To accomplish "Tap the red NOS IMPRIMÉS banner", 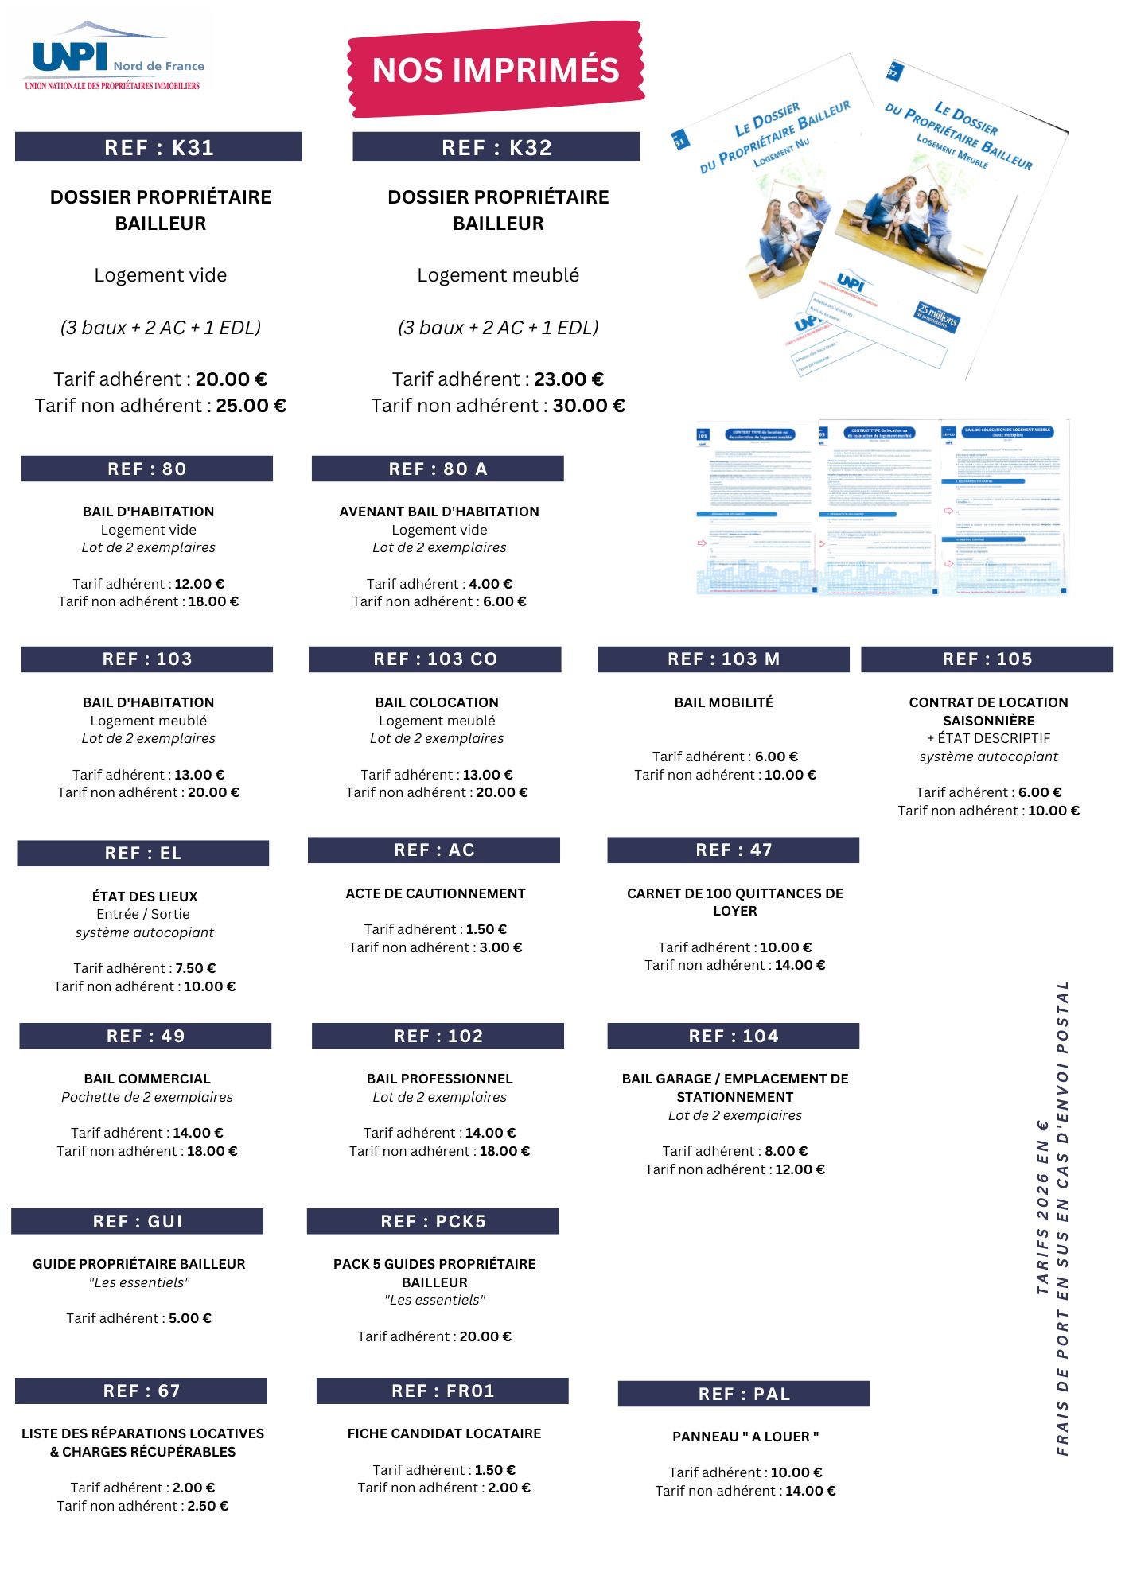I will coord(496,70).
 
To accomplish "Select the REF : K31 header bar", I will coord(158,147).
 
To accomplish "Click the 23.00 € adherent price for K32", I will coord(569,379).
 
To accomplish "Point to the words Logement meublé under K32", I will coord(498,275).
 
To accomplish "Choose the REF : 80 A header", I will coord(438,469).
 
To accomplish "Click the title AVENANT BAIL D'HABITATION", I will coord(439,512).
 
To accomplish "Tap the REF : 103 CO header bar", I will coord(435,659).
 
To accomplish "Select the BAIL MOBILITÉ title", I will coord(723,702).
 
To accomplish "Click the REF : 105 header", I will coord(987,659).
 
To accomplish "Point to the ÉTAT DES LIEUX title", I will coord(145,897).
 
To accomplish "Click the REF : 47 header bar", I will coord(733,850).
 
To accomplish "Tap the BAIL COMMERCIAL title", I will coord(147,1079).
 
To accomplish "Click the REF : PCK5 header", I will coord(433,1221).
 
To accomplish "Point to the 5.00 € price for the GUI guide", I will coord(190,1318).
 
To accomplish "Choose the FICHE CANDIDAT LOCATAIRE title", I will coord(444,1433).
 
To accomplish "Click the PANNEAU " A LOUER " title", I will coord(745,1437).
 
